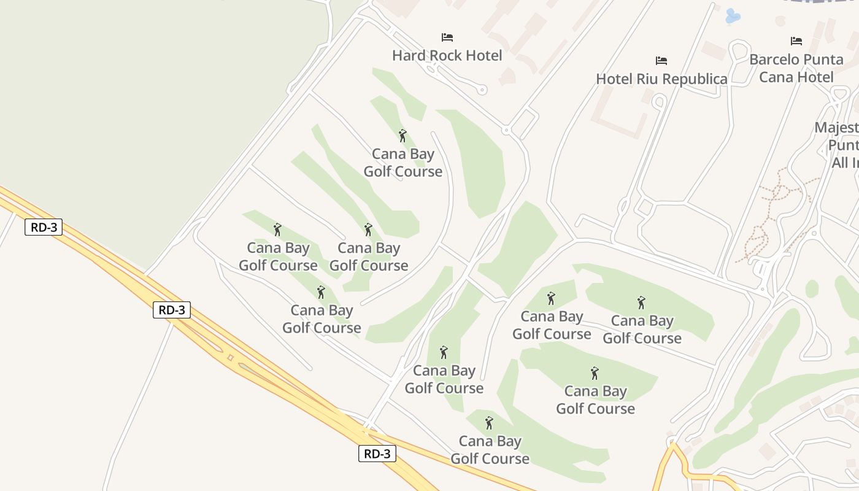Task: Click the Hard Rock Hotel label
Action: pos(447,55)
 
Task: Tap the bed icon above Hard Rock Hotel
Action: pos(447,37)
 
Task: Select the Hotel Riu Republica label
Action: pos(661,79)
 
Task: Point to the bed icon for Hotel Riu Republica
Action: pos(661,61)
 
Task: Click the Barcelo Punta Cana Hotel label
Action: pos(796,68)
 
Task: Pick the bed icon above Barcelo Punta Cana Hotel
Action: pos(796,41)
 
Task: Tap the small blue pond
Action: pos(732,17)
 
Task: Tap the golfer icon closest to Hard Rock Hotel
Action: pos(403,136)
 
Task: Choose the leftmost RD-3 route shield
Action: pos(44,227)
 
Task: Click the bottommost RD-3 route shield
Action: pos(377,454)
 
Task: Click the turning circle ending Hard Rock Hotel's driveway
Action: pos(482,90)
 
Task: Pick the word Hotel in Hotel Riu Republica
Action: pos(614,79)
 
